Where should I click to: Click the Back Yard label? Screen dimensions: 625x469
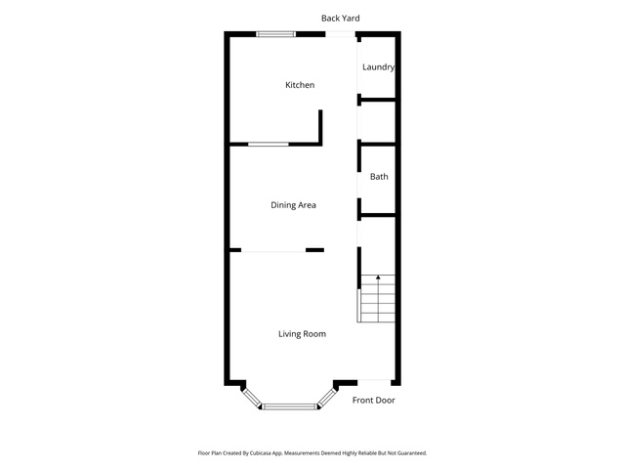341,18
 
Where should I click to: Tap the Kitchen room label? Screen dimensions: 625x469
300,85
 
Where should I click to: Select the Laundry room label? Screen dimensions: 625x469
378,67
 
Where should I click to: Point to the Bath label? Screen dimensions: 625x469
379,176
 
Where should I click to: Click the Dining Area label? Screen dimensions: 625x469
293,205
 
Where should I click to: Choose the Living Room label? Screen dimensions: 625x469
302,334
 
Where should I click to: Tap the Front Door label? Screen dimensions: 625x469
373,400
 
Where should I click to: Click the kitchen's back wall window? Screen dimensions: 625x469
275,34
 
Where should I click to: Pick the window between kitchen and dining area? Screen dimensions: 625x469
269,144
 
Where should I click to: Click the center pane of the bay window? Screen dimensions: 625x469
289,406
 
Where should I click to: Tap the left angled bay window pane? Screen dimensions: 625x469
252,398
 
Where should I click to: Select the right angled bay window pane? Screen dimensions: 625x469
327,398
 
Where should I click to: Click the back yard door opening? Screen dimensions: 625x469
340,34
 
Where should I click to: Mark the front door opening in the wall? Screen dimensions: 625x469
374,382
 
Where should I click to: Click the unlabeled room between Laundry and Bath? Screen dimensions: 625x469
378,121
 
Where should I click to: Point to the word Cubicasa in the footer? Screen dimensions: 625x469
261,453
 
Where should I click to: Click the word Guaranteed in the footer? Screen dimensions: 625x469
412,453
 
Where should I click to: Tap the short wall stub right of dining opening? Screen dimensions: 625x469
314,250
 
